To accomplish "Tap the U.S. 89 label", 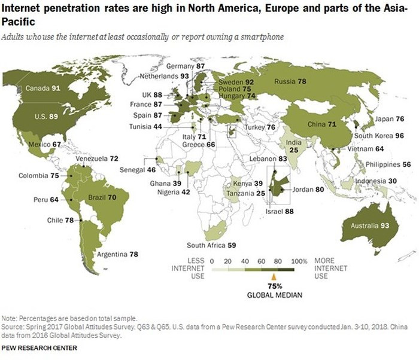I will coord(29,117).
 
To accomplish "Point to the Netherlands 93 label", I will coord(165,77).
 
